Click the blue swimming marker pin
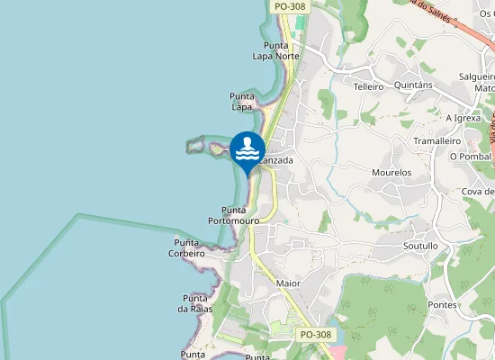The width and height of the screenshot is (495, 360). (x=247, y=150)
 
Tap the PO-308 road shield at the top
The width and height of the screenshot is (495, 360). (x=289, y=6)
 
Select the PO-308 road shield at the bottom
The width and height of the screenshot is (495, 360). (x=316, y=335)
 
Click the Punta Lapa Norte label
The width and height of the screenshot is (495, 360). (x=275, y=50)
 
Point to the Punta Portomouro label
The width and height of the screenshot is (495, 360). (x=234, y=215)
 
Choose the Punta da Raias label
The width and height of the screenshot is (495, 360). (x=195, y=303)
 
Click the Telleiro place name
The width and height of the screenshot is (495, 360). (x=369, y=87)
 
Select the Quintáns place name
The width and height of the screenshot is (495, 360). (x=414, y=85)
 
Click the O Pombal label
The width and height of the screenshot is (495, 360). (x=471, y=157)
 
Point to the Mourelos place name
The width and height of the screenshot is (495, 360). (x=391, y=172)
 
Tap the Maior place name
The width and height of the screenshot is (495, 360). (x=288, y=283)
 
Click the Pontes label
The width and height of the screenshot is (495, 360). (x=443, y=305)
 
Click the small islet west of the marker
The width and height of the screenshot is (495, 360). (x=196, y=144)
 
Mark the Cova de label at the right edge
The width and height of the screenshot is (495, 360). (x=478, y=192)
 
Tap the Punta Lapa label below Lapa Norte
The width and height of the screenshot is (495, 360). (x=242, y=102)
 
